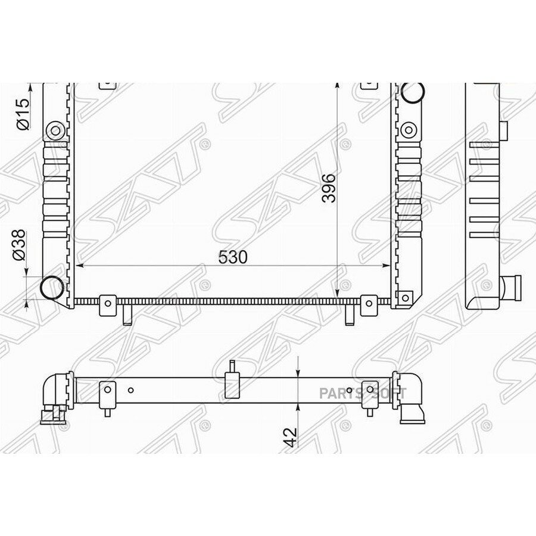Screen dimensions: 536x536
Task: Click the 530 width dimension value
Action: coord(232,257)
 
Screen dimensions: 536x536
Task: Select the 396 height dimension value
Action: coord(329,188)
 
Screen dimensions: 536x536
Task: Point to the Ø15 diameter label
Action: coord(23,114)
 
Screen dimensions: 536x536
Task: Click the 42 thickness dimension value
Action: coord(290,437)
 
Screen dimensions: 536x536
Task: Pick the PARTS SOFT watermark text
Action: coord(363,394)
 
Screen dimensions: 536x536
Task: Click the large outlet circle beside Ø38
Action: coord(52,288)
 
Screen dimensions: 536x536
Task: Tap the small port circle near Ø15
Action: coord(55,130)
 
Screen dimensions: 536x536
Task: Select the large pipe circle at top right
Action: coord(413,92)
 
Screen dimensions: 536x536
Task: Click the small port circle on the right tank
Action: coord(408,130)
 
